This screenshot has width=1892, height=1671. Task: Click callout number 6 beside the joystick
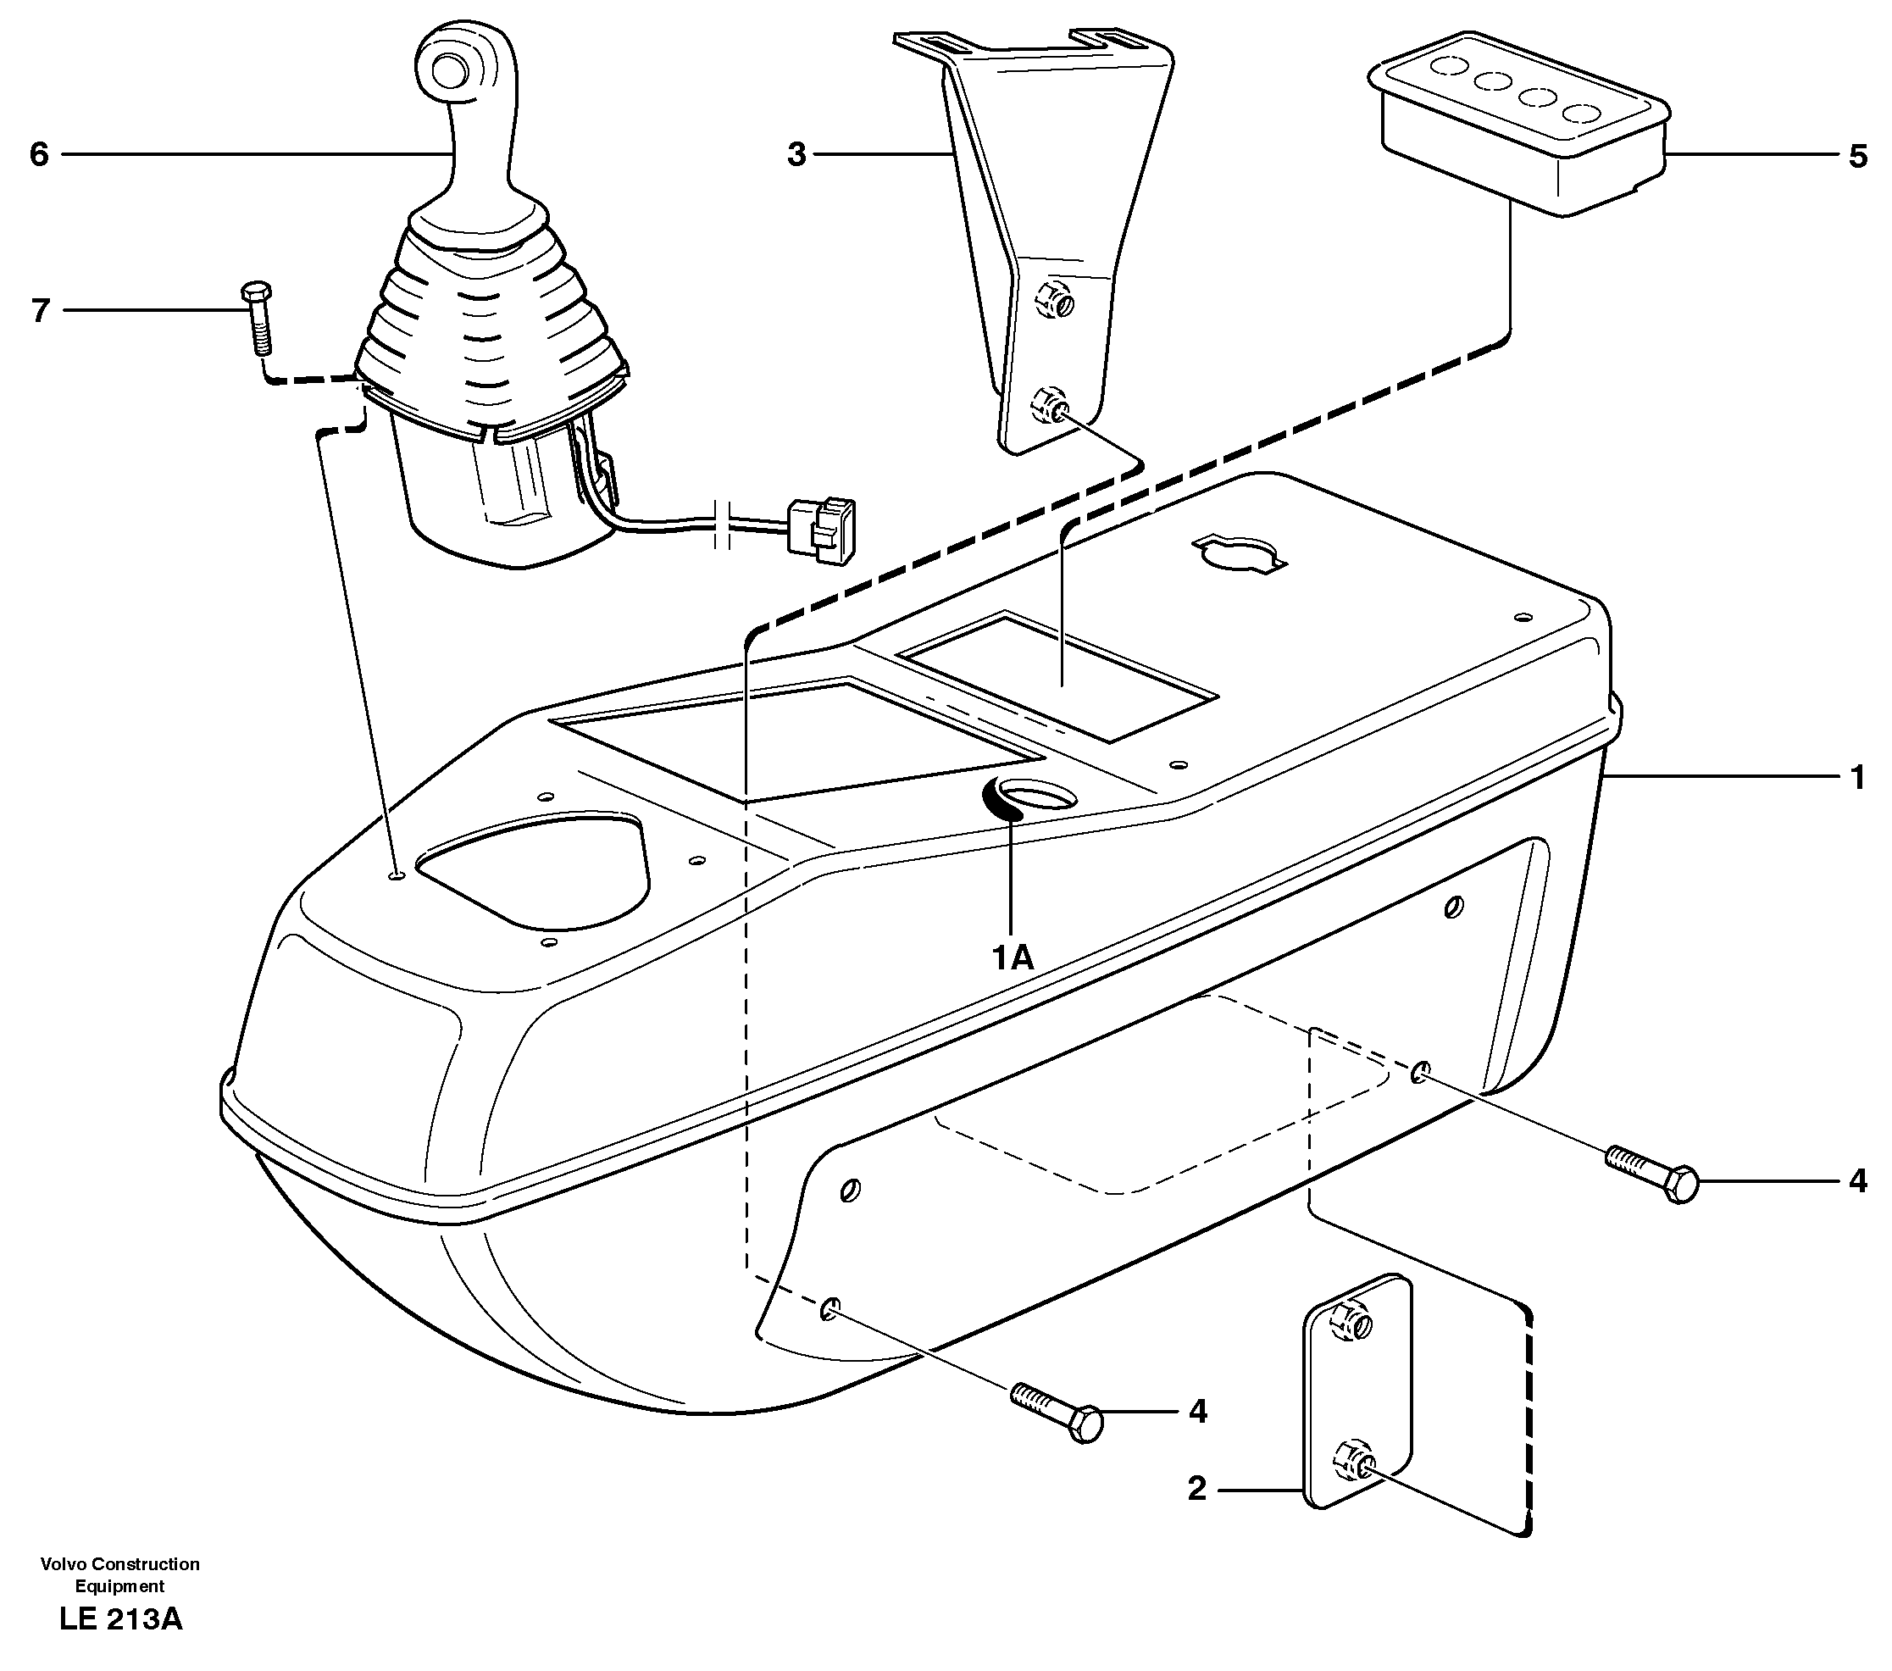[x=38, y=154]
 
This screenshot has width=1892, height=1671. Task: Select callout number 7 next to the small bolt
[x=40, y=310]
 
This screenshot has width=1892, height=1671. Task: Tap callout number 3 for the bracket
[x=796, y=154]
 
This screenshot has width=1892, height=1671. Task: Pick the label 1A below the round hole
[x=1012, y=958]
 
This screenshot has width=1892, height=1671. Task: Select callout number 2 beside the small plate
[x=1197, y=1489]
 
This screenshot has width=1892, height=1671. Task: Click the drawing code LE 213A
[x=120, y=1619]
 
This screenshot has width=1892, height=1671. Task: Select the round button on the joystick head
[x=450, y=71]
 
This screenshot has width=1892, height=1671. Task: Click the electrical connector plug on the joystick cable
[x=820, y=530]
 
